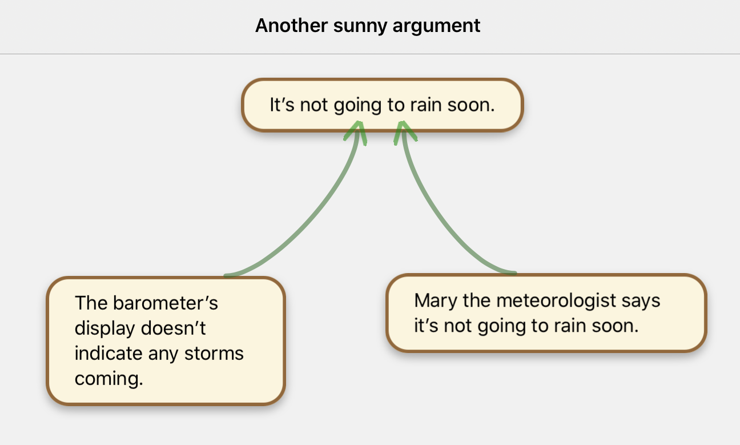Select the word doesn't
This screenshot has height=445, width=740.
point(178,328)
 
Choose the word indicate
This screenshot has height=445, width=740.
point(109,354)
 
